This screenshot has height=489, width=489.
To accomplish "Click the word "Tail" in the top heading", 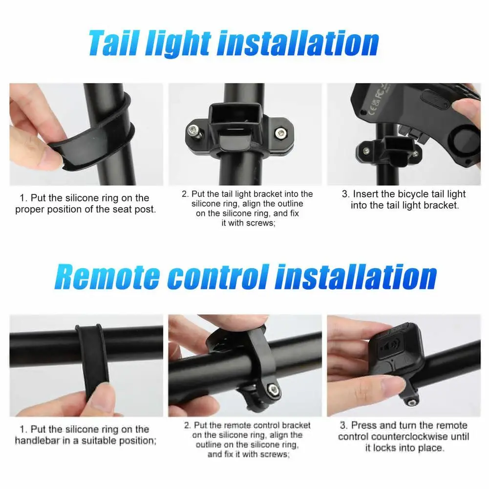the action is [114, 43].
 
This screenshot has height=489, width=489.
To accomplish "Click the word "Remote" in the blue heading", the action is [107, 276].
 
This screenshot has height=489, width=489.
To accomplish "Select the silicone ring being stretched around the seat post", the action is [94, 134].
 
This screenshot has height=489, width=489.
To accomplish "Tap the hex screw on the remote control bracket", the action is [274, 389].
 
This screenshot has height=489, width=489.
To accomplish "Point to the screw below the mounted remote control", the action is [411, 403].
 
